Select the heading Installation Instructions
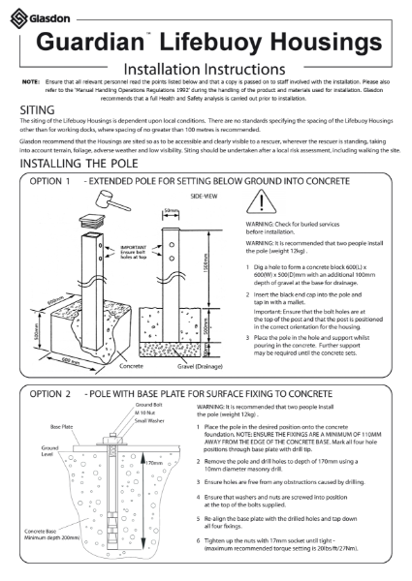[205, 70]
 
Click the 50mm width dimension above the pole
[172, 210]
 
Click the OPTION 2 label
[51, 396]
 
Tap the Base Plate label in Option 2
[61, 425]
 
